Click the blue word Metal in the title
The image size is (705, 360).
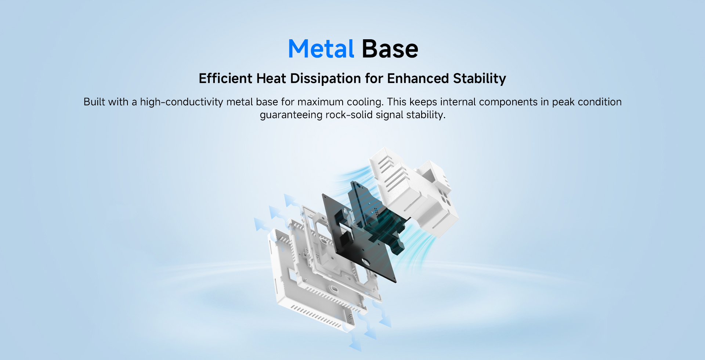321,49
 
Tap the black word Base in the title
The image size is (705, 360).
390,49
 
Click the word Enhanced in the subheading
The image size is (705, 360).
418,79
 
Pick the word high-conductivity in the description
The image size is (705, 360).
182,102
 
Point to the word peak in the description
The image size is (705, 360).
563,102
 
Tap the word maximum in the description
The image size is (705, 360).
321,102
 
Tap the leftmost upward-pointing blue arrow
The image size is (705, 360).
260,224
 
